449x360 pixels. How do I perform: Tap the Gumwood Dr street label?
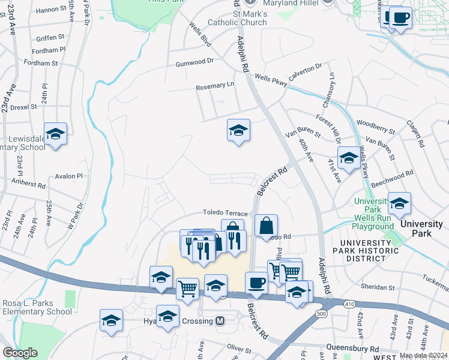[194, 61]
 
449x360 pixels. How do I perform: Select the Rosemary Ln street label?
[215, 86]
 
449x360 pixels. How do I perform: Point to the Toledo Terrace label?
[225, 213]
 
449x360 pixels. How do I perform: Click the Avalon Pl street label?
[68, 176]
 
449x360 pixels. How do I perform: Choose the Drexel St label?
[24, 107]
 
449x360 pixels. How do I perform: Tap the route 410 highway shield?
[349, 304]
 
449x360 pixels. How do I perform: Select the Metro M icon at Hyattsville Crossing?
[220, 321]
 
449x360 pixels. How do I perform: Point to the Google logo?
[20, 353]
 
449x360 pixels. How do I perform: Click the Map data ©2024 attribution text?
[423, 355]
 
